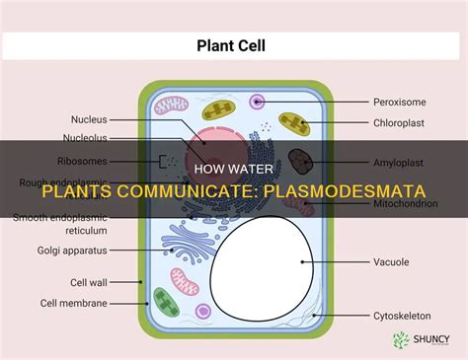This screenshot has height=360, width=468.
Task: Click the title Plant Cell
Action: coord(233,43)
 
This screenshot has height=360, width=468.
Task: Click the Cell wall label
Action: coord(75,281)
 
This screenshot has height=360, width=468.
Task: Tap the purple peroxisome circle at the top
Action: coord(258,101)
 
